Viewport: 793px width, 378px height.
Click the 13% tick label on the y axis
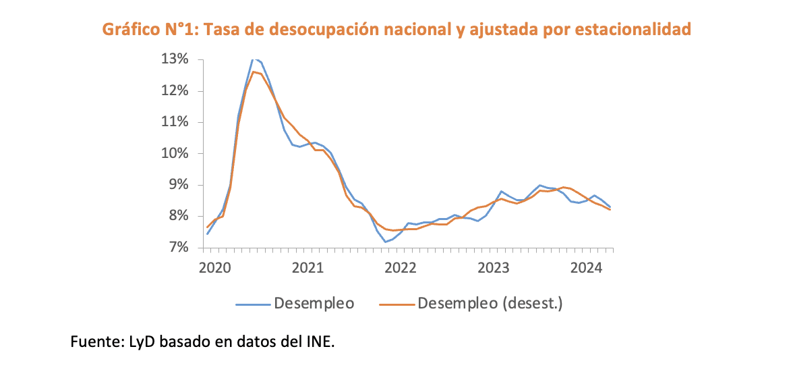click(175, 59)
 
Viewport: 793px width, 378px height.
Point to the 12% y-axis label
click(175, 91)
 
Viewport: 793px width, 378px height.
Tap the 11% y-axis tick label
click(175, 122)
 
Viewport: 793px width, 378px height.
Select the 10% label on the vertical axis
click(175, 154)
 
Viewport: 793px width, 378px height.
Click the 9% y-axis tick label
click(178, 185)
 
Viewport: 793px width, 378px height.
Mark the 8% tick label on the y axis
click(178, 217)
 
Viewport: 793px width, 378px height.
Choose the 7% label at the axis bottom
click(178, 248)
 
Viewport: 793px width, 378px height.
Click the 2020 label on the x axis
click(215, 268)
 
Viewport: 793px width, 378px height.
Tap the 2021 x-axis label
click(308, 268)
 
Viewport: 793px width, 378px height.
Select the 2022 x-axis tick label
click(401, 268)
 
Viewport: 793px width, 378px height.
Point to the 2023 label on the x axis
click(494, 268)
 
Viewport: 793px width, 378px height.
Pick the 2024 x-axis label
click(587, 268)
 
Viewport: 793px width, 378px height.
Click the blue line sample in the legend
click(252, 304)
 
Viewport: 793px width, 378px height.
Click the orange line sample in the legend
click(396, 304)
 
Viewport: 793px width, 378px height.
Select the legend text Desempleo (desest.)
click(490, 304)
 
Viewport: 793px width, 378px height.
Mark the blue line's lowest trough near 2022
click(385, 242)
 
